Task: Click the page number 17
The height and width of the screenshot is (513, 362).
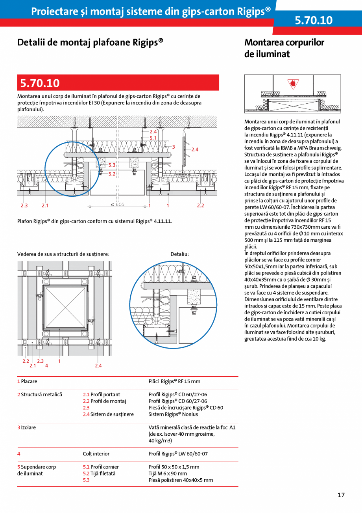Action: click(341, 495)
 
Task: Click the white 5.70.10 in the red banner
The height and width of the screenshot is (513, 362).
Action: click(40, 83)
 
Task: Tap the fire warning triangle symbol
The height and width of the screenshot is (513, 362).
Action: click(292, 84)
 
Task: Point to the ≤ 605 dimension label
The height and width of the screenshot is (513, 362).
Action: click(117, 204)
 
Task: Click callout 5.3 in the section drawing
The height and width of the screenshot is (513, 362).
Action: click(112, 165)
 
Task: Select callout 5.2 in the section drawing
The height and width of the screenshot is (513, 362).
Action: click(112, 173)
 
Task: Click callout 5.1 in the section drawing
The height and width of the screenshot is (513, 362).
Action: click(153, 138)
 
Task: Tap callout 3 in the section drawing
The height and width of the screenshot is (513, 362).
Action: click(173, 147)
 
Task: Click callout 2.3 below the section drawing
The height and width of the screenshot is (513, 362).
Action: click(24, 205)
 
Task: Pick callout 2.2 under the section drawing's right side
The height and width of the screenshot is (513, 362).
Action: click(200, 205)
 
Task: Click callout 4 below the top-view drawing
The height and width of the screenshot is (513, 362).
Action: click(46, 366)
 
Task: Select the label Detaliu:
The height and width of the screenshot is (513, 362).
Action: click(180, 254)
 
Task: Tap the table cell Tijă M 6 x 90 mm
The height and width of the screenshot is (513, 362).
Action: click(168, 474)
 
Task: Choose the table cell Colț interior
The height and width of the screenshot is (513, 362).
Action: click(96, 454)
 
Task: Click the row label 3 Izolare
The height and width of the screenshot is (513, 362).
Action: click(26, 427)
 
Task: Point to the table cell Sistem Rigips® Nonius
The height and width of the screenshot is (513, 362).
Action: click(173, 414)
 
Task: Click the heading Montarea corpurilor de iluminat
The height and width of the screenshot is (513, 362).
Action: click(284, 48)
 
